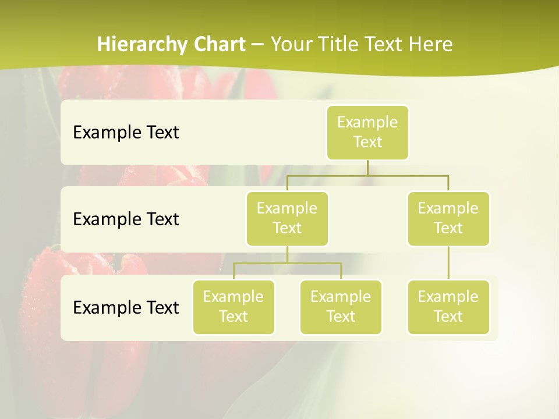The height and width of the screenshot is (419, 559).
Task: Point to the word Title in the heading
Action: click(x=341, y=45)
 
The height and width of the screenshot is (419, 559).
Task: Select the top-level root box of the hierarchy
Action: click(x=367, y=132)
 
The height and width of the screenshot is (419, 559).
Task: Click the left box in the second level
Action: click(x=287, y=218)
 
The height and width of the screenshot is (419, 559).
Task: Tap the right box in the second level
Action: click(x=448, y=218)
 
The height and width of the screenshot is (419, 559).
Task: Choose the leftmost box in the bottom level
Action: click(x=233, y=307)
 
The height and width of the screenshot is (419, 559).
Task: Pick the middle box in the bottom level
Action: click(x=341, y=307)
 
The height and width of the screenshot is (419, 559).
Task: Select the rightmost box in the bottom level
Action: click(x=448, y=307)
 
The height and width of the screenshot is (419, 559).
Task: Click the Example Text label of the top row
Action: click(x=126, y=133)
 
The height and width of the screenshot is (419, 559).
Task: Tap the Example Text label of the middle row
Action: click(x=126, y=219)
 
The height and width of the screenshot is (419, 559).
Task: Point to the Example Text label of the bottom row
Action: click(x=126, y=307)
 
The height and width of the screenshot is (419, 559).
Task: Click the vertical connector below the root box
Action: click(x=367, y=168)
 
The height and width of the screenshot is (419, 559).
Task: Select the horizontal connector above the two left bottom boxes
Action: click(x=287, y=263)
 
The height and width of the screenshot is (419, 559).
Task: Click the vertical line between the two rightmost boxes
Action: click(x=448, y=263)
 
